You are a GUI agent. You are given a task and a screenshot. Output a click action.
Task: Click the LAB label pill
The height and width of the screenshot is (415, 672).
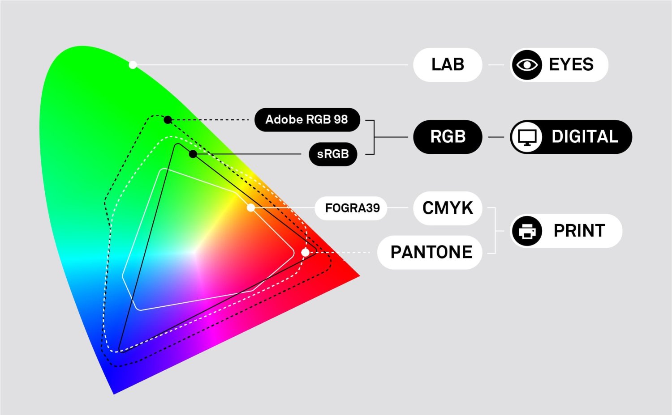[448, 65]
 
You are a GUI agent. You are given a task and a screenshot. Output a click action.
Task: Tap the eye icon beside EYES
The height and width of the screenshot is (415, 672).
[527, 65]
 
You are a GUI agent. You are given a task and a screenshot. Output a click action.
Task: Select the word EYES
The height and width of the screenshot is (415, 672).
[571, 65]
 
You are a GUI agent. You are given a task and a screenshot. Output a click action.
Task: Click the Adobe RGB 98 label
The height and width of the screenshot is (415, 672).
[307, 120]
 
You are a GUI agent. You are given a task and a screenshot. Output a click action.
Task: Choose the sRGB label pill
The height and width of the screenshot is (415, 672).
[333, 154]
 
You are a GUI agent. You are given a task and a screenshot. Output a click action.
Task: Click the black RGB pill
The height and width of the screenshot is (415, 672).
[448, 137]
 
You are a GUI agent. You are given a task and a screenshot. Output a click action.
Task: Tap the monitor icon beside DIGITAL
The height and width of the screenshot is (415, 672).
[527, 137]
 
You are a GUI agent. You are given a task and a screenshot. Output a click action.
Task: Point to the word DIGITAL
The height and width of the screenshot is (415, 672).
[585, 137]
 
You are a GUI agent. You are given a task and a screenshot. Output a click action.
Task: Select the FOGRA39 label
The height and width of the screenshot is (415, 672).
[352, 208]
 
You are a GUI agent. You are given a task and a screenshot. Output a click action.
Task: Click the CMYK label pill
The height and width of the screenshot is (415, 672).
[448, 208]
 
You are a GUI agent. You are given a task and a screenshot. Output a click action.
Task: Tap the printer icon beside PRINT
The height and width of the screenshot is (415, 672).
[527, 231]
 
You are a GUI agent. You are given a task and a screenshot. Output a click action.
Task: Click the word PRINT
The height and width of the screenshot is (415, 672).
[579, 231]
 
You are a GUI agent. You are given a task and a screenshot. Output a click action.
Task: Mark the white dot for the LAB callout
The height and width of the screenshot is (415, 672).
[133, 65]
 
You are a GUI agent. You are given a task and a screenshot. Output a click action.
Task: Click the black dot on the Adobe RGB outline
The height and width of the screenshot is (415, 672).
[168, 119]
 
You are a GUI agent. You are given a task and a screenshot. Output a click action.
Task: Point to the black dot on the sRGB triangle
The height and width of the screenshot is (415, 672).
[193, 154]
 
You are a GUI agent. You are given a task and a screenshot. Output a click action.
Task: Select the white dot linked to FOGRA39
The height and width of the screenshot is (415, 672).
[251, 207]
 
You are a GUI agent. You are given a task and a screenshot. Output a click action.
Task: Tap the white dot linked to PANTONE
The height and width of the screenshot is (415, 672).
[305, 252]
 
